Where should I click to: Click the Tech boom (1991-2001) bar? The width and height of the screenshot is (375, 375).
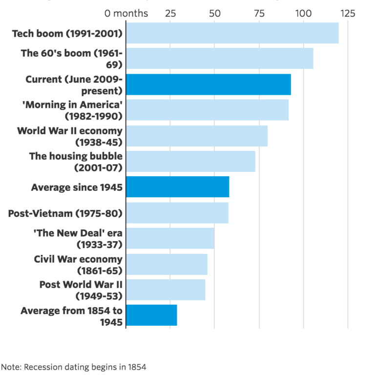(x=232, y=33)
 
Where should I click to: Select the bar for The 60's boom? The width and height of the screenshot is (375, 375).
(x=219, y=59)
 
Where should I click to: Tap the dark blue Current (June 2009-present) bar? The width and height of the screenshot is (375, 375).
(x=208, y=84)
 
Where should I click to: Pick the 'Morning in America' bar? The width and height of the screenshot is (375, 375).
(x=207, y=110)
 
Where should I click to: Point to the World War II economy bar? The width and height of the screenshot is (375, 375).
(x=196, y=136)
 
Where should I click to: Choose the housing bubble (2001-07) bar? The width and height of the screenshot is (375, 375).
(x=190, y=161)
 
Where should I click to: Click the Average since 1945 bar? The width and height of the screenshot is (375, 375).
(x=177, y=187)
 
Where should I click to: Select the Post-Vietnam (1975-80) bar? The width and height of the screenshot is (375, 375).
(x=177, y=213)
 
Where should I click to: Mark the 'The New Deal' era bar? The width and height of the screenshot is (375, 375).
(x=170, y=238)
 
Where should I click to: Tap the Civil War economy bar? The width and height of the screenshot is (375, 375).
(x=167, y=264)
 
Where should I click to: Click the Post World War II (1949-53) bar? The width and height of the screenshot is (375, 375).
(x=166, y=290)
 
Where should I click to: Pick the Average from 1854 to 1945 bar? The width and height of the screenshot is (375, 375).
(x=151, y=315)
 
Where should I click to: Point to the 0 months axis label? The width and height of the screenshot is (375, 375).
(x=126, y=13)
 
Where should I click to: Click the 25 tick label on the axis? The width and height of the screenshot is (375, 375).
(x=170, y=13)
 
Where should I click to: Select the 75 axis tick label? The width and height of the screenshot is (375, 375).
(x=259, y=13)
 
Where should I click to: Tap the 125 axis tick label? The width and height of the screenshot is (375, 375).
(x=348, y=13)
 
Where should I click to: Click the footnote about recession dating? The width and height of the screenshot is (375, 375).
(x=74, y=366)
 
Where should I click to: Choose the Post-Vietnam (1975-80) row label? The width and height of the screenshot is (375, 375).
(x=65, y=213)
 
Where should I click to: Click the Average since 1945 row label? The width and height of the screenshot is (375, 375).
(x=77, y=187)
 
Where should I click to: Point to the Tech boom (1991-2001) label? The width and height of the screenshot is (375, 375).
(x=67, y=33)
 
